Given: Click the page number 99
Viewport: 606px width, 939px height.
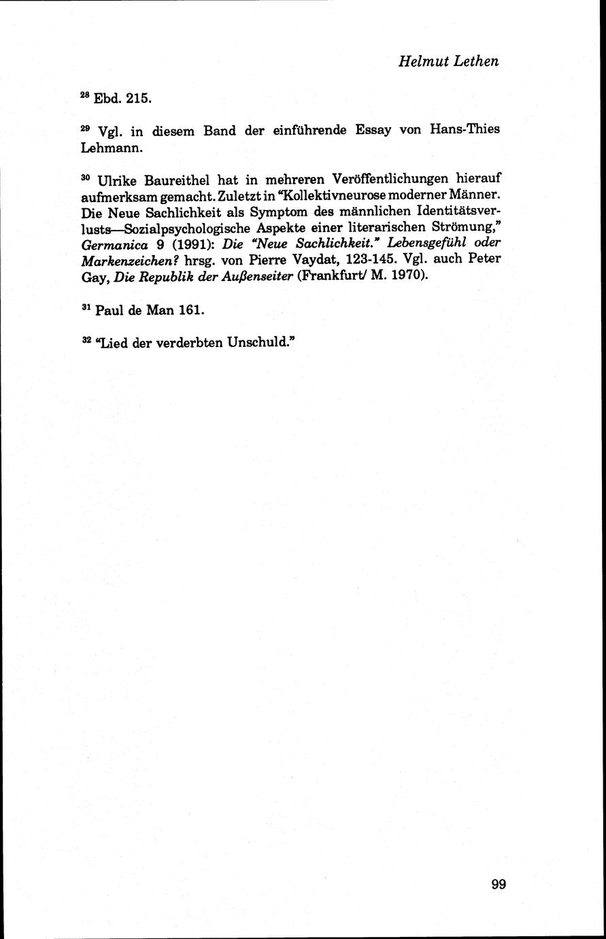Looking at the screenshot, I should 498,884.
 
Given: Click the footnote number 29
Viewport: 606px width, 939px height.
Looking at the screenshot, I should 85,127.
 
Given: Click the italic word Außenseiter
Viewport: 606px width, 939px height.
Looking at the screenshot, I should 246,277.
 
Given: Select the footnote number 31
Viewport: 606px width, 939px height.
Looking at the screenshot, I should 85,307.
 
